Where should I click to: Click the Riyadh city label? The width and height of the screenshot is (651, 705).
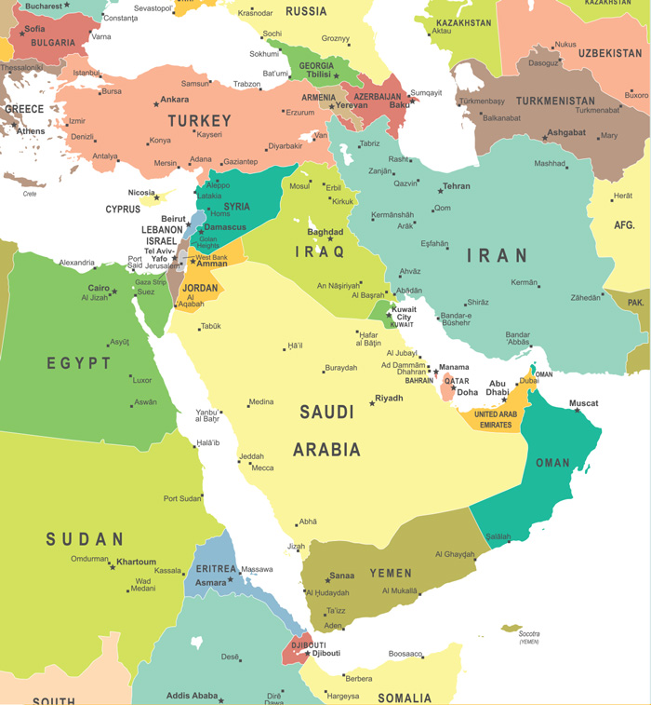pyautogui.click(x=389, y=398)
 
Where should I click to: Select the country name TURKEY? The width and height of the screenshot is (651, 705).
pyautogui.click(x=199, y=121)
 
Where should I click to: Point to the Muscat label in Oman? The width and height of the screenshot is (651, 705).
pyautogui.click(x=584, y=403)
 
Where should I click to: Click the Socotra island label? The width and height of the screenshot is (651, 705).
pyautogui.click(x=529, y=633)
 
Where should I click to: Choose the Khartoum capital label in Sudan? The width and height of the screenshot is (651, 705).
pyautogui.click(x=137, y=563)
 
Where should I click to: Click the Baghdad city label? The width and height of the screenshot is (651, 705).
pyautogui.click(x=325, y=232)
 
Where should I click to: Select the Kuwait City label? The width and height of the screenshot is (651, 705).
pyautogui.click(x=404, y=313)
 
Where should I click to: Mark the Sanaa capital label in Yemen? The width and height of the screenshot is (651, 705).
pyautogui.click(x=341, y=575)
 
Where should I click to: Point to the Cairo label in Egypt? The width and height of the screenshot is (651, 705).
pyautogui.click(x=99, y=288)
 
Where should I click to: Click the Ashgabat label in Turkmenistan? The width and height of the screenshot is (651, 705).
pyautogui.click(x=565, y=133)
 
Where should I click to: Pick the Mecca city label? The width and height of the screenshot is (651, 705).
pyautogui.click(x=262, y=468)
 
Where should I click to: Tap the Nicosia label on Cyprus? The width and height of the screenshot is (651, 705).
pyautogui.click(x=141, y=193)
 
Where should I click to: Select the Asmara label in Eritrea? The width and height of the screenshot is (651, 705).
pyautogui.click(x=210, y=583)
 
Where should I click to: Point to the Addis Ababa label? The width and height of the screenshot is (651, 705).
pyautogui.click(x=192, y=696)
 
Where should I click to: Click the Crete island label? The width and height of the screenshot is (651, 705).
pyautogui.click(x=30, y=194)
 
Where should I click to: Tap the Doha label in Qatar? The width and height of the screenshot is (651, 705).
pyautogui.click(x=467, y=392)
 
